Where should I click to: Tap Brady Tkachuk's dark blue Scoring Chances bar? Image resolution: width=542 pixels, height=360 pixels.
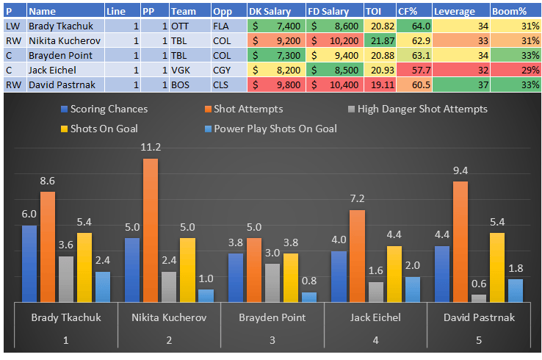click(x=29, y=263)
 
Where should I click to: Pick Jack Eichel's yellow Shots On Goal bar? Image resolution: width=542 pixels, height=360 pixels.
click(x=394, y=273)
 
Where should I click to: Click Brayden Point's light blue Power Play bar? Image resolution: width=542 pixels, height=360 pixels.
click(x=309, y=297)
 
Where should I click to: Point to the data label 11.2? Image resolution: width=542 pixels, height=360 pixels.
click(x=151, y=147)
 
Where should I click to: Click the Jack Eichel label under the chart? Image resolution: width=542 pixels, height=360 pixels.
click(x=375, y=318)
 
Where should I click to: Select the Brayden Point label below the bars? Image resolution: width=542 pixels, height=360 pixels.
click(x=272, y=318)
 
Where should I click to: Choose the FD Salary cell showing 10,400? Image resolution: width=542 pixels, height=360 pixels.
click(x=333, y=84)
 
